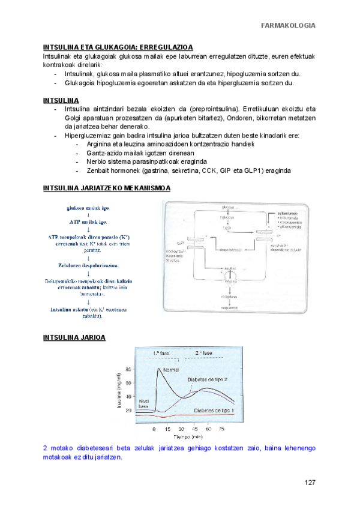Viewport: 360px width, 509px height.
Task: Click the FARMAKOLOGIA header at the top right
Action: point(288,25)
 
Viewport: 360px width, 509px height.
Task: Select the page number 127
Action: point(310,483)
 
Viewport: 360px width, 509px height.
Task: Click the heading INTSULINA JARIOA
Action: point(74,338)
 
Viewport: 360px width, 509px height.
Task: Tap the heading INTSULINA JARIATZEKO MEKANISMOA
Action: point(107,188)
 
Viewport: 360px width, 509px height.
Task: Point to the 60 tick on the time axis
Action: point(207,429)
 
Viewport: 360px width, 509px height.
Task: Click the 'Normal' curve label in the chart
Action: point(172,369)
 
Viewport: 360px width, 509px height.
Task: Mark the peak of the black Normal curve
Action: point(158,367)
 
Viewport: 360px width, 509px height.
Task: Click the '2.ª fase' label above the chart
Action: point(204,353)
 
